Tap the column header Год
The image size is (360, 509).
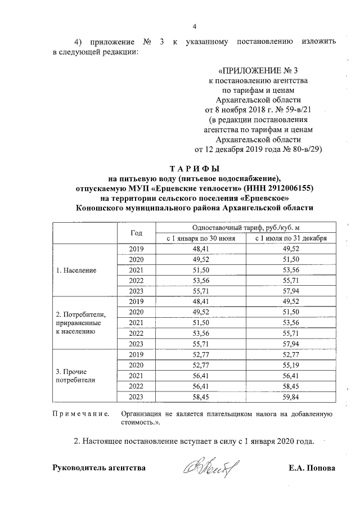click(x=137, y=233)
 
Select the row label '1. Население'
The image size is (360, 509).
click(x=76, y=270)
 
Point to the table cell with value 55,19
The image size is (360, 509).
click(x=291, y=365)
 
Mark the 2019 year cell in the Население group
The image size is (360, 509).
click(x=137, y=249)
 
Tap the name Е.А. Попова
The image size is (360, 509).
click(x=311, y=468)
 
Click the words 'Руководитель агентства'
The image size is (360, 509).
click(x=98, y=468)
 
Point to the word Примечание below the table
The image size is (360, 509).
click(x=80, y=414)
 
